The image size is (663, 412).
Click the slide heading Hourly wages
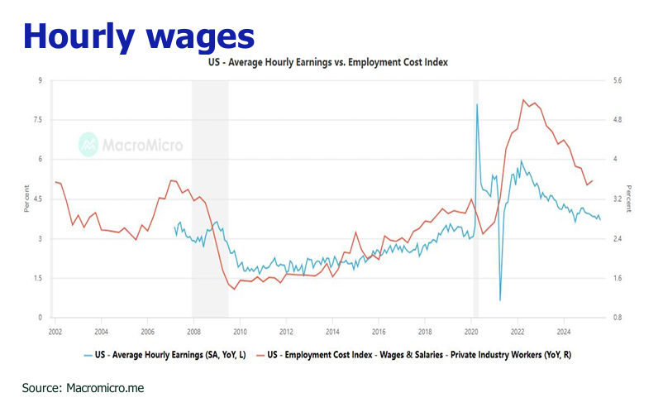(139, 36)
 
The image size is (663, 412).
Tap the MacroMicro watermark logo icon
(88, 145)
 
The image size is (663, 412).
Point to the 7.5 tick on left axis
(36, 120)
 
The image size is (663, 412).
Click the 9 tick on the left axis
(39, 80)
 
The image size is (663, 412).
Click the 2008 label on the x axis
(193, 329)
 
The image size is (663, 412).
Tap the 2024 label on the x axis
(564, 329)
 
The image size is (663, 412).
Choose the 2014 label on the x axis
(332, 329)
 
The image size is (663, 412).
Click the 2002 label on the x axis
(55, 329)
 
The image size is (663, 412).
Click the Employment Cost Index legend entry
(417, 355)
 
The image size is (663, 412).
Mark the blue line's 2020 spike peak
(477, 104)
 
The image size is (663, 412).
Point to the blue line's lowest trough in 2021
(500, 299)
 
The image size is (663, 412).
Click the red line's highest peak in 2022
(523, 100)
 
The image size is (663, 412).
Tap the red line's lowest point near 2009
(233, 289)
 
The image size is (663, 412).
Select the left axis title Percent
(26, 199)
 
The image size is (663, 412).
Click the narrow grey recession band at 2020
(475, 199)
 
